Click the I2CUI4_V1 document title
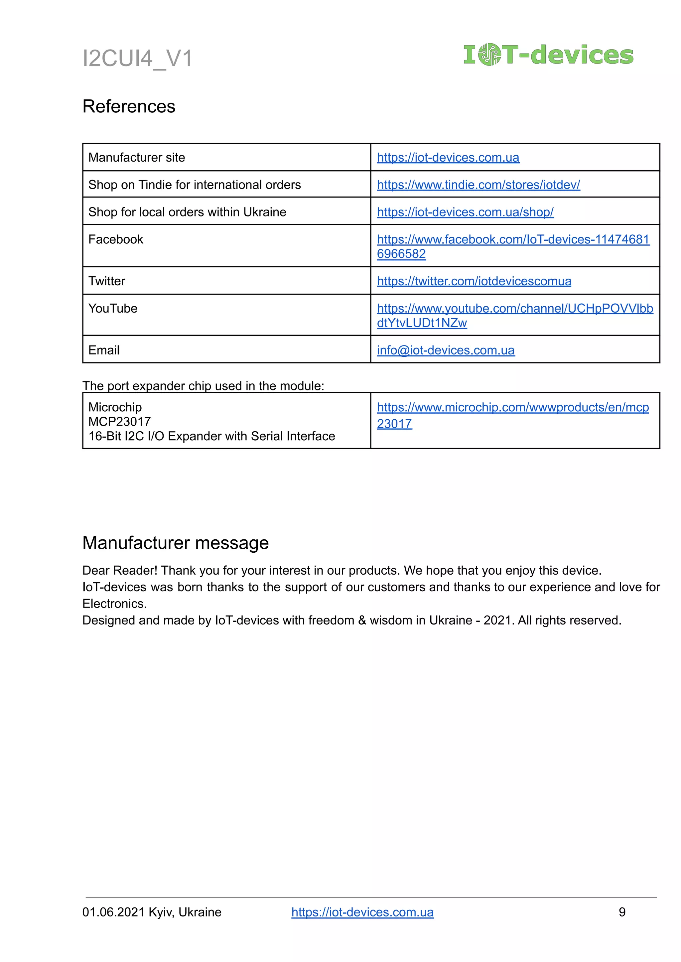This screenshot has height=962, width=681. pyautogui.click(x=137, y=58)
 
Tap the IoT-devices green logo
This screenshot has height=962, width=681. pyautogui.click(x=548, y=55)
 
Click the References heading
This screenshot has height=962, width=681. pyautogui.click(x=129, y=106)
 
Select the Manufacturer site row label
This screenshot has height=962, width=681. pyautogui.click(x=137, y=157)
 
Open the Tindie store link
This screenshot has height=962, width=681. pyautogui.click(x=478, y=185)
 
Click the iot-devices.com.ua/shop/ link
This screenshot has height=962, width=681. pyautogui.click(x=465, y=212)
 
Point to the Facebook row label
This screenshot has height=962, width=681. pyautogui.click(x=116, y=239)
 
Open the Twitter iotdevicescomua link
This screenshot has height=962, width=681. pyautogui.click(x=474, y=281)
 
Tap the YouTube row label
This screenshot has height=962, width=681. pyautogui.click(x=113, y=308)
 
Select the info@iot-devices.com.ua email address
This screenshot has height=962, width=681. pyautogui.click(x=445, y=350)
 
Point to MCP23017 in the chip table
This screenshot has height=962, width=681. pyautogui.click(x=119, y=421)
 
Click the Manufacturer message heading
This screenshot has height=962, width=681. pyautogui.click(x=175, y=543)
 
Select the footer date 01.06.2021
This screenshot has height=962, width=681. pyautogui.click(x=113, y=912)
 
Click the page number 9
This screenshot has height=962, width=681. pyautogui.click(x=622, y=912)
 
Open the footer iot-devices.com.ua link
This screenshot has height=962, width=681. pyautogui.click(x=362, y=912)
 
